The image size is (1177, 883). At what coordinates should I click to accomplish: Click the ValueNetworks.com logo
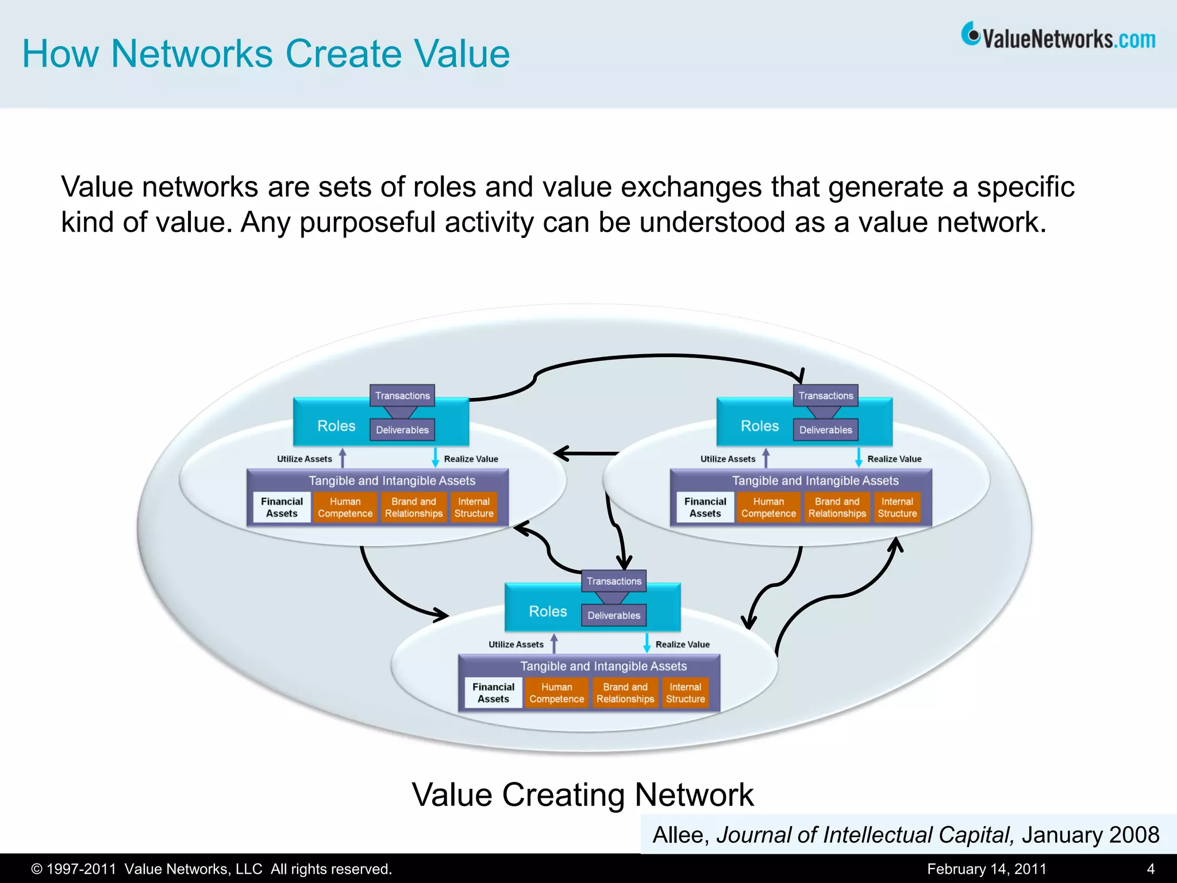tap(1058, 37)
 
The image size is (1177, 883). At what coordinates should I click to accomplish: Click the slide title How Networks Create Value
tap(266, 53)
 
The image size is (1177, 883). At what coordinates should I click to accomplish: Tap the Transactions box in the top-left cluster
tap(402, 396)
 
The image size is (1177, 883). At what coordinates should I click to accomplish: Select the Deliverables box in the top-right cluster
tap(825, 430)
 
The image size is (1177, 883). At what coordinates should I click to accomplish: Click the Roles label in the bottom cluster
tap(548, 611)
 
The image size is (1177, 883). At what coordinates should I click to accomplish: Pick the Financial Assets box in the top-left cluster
tap(282, 508)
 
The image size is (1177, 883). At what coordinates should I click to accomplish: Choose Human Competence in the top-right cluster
tap(768, 508)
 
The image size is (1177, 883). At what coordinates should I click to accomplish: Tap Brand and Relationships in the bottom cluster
tap(625, 693)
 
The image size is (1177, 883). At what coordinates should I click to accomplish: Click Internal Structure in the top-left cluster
tap(474, 508)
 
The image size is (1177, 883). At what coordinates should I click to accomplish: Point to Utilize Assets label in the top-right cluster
tap(728, 459)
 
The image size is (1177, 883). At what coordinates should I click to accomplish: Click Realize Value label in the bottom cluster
tap(682, 644)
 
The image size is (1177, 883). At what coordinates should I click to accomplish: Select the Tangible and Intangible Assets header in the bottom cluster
tap(603, 666)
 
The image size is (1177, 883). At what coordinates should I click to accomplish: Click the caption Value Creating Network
tap(582, 795)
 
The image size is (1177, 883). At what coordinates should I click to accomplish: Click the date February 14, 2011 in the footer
tap(986, 869)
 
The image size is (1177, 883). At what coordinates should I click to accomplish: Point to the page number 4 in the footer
tap(1150, 869)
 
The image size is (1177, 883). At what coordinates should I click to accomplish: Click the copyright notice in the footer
tap(211, 869)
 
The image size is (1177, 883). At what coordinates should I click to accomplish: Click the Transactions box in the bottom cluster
tap(614, 581)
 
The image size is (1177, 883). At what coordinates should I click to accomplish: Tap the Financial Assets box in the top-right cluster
tap(705, 508)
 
